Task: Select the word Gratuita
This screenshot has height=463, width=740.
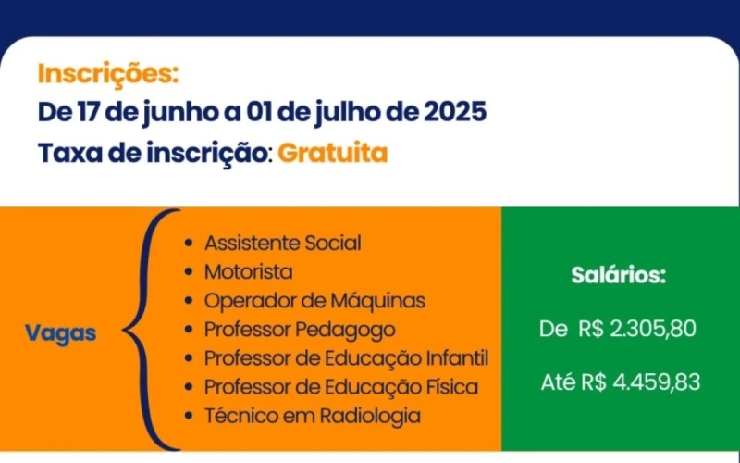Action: tap(332, 153)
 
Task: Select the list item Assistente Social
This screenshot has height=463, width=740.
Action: tap(282, 244)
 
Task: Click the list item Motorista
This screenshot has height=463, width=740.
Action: tap(248, 272)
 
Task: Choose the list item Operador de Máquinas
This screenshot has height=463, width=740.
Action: tap(314, 301)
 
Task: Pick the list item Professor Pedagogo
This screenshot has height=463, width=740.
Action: tap(300, 330)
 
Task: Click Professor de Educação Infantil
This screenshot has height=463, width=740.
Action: tap(346, 358)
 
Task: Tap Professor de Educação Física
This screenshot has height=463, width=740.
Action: tap(341, 387)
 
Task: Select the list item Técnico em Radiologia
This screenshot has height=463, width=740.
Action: tap(312, 416)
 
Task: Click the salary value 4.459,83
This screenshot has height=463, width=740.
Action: tap(654, 382)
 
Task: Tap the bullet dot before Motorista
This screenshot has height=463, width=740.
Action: tap(190, 273)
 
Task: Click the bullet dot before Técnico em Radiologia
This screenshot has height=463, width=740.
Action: tap(190, 417)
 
